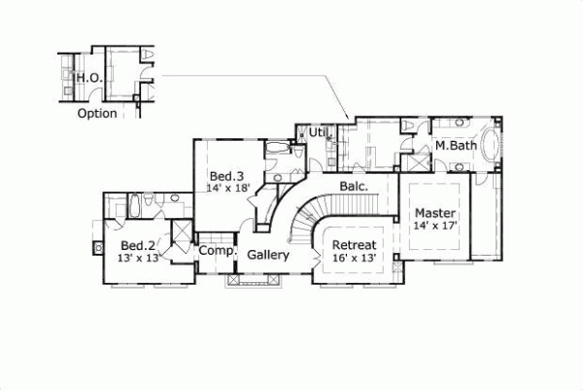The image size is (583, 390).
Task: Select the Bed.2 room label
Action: tap(139, 245)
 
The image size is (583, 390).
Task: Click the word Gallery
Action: tap(267, 255)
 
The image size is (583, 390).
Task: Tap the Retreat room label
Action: tap(354, 245)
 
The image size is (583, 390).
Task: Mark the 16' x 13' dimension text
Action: tap(354, 259)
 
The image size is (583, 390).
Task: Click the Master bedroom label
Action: tap(435, 212)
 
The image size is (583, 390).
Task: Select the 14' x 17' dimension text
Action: tap(435, 225)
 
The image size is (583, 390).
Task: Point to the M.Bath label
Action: tap(455, 146)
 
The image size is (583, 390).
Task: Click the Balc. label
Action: tap(352, 185)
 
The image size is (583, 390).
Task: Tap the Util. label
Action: tap(319, 131)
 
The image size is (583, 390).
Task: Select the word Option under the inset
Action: tap(96, 114)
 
